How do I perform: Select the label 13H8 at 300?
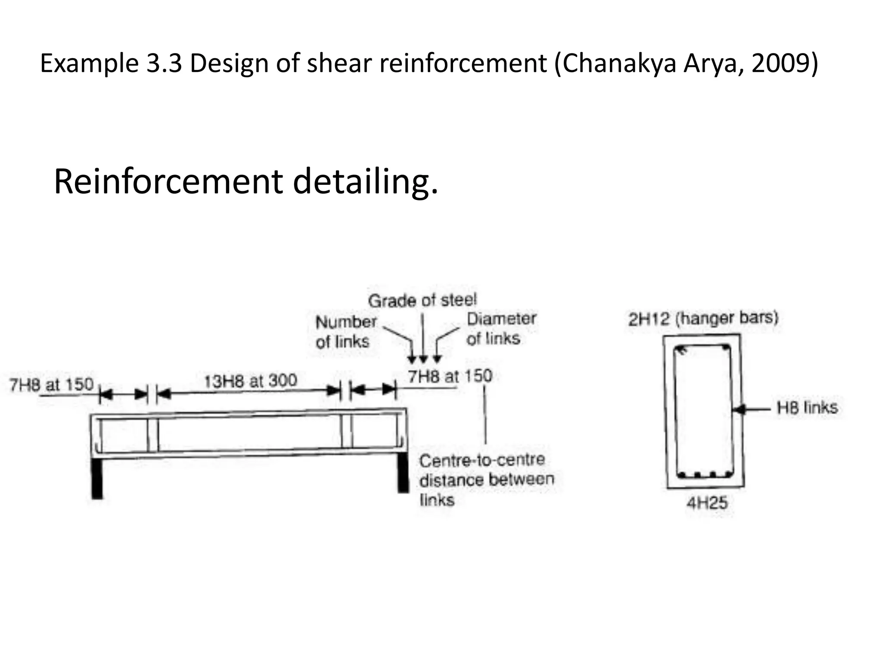[x=250, y=381]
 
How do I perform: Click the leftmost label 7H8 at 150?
[x=51, y=384]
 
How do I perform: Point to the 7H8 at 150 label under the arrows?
[x=450, y=376]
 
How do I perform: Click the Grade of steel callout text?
[x=422, y=300]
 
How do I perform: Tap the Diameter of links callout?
[x=501, y=328]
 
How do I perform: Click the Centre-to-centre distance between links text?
[x=486, y=480]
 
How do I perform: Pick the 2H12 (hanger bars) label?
[x=703, y=319]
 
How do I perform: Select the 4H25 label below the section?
[x=707, y=503]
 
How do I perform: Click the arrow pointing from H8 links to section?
[x=752, y=409]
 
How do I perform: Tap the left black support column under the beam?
[x=97, y=478]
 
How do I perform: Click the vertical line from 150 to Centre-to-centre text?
[x=485, y=414]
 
